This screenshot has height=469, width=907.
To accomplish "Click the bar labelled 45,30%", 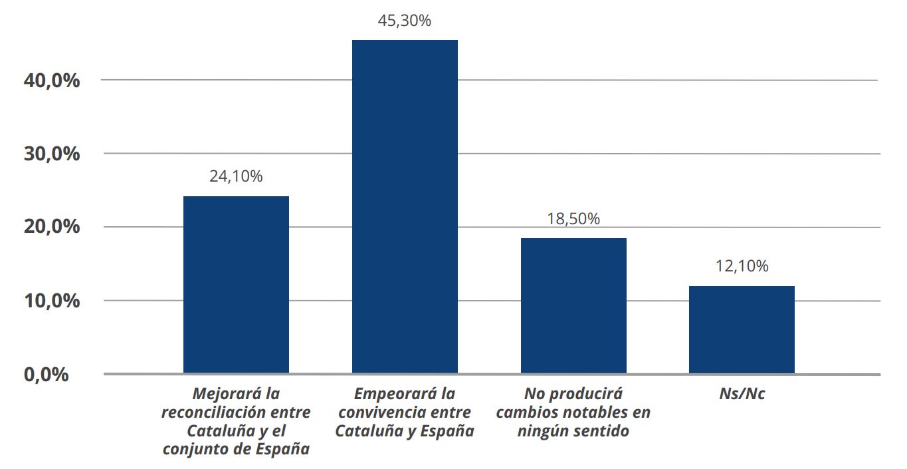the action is coord(405,206).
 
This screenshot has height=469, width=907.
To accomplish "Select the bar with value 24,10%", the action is coord(236,285).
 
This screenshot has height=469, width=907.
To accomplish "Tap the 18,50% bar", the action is coord(573,305).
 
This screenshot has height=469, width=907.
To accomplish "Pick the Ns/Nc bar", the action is coord(742,329).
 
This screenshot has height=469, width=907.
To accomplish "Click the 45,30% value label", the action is coord(405,21).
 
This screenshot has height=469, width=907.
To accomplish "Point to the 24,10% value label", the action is coord(236,176).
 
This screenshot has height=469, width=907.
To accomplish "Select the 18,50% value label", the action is coord(573,219).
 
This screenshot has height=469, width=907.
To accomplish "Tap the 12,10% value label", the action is coord(742,266).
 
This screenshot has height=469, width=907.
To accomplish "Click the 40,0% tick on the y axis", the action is coord(52,80).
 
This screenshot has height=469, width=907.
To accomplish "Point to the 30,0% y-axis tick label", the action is coord(52,154).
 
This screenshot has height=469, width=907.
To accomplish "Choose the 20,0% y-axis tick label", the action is coord(52,227).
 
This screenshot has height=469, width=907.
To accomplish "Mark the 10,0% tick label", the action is coord(52,301).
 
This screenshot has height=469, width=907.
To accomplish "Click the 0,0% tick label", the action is coord(46,375).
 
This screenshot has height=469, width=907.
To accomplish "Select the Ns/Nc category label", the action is coord(742,394).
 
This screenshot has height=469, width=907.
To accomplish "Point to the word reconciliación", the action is coord(214,412).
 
